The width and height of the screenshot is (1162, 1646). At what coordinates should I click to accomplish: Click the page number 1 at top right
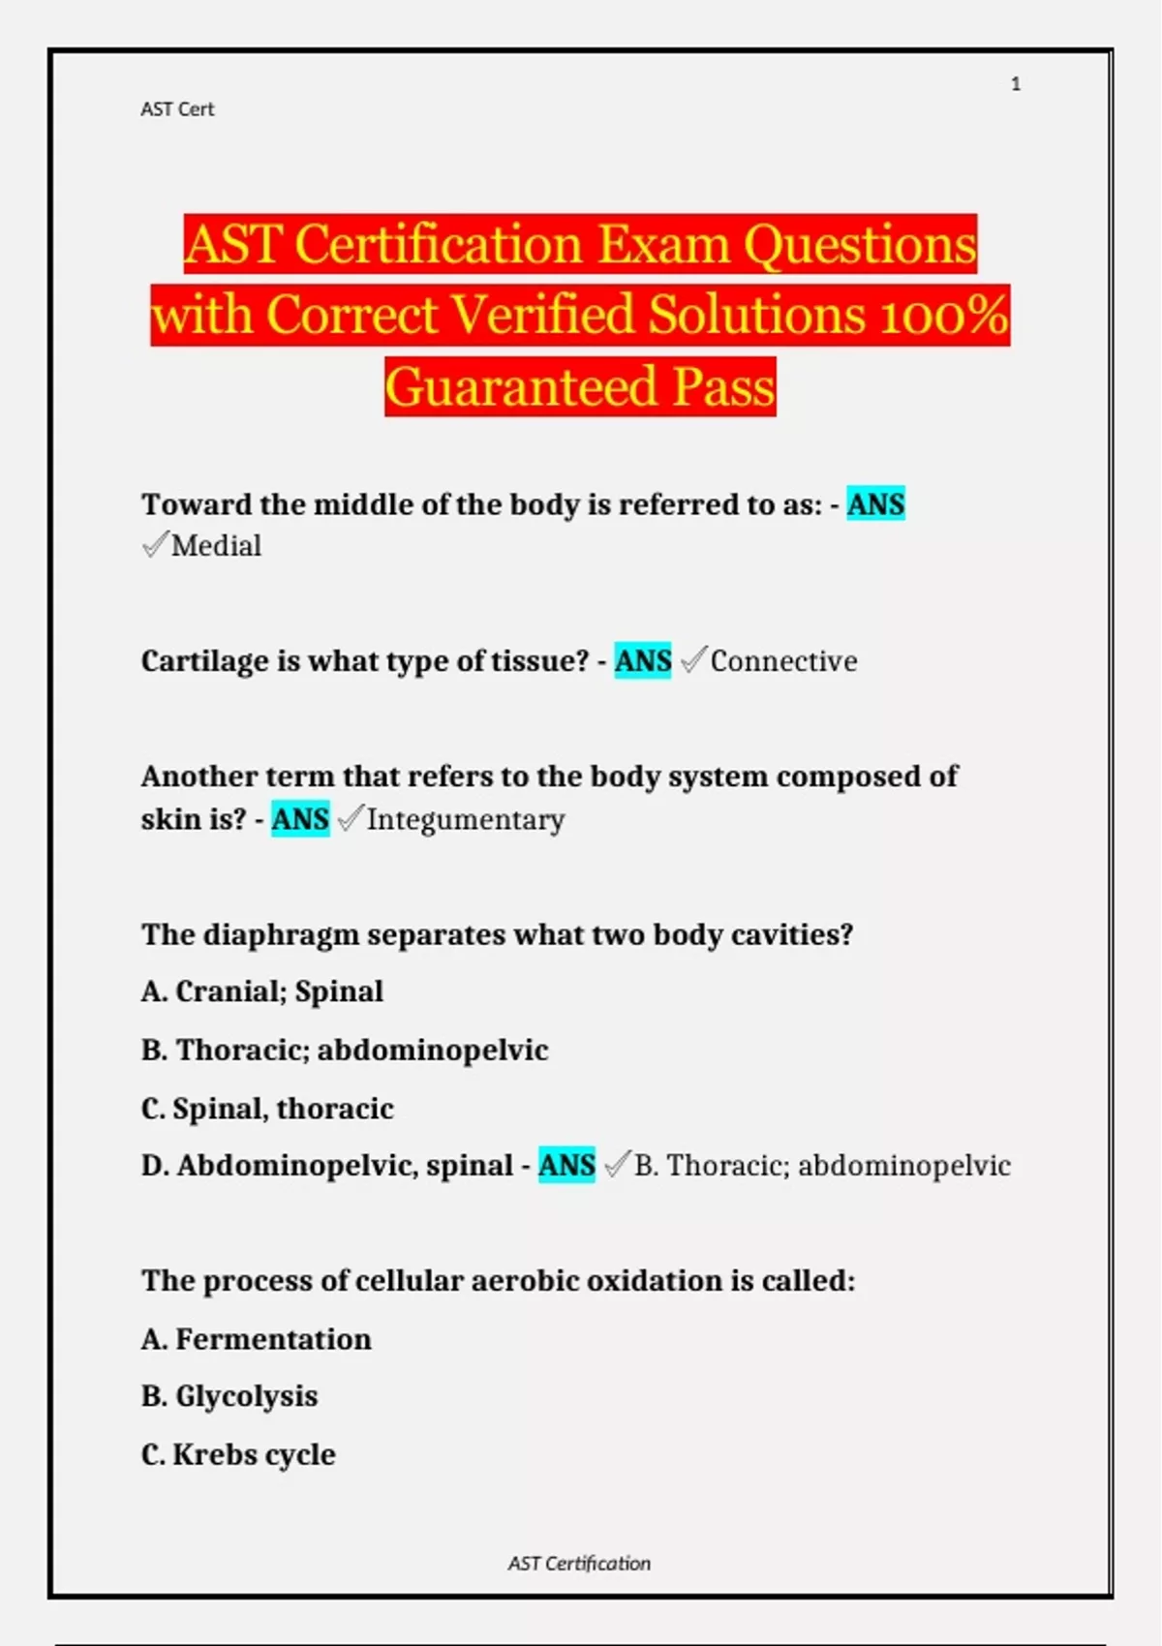click(1015, 84)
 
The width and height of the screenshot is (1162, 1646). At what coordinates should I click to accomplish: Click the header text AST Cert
click(177, 109)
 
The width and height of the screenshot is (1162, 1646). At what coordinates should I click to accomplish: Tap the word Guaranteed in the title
click(521, 387)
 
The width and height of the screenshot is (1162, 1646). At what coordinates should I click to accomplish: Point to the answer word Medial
click(216, 546)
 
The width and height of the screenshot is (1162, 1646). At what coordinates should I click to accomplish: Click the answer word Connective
click(783, 661)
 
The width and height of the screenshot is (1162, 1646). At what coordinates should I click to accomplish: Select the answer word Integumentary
click(465, 820)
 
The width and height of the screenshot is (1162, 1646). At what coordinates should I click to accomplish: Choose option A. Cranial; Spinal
click(262, 991)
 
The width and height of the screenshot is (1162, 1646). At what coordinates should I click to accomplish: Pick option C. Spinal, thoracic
click(267, 1108)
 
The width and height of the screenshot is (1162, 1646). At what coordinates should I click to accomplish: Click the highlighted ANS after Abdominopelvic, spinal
click(566, 1165)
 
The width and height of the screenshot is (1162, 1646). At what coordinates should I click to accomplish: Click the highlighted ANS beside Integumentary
click(300, 819)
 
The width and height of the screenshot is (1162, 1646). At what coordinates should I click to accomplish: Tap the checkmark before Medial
click(155, 545)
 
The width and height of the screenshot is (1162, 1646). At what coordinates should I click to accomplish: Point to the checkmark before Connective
click(693, 660)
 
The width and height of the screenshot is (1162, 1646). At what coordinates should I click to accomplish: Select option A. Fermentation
click(257, 1339)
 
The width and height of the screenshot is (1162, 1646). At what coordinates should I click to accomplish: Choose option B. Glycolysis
click(229, 1396)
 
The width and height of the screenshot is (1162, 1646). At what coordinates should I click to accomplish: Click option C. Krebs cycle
click(238, 1454)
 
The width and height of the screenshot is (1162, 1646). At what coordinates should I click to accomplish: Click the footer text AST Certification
click(579, 1563)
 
